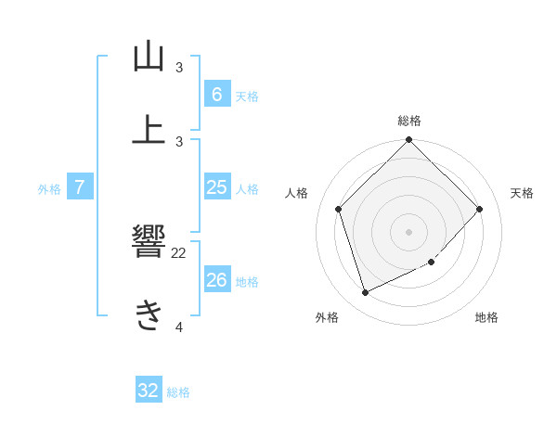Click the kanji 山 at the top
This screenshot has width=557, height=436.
tap(149, 58)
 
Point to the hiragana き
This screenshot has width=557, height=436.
tap(149, 315)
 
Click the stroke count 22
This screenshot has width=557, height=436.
tap(179, 252)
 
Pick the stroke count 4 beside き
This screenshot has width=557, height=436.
tap(179, 327)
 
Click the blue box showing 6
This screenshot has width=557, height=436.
tap(216, 94)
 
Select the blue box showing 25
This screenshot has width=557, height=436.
tap(216, 187)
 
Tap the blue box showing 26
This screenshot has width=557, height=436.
tap(216, 280)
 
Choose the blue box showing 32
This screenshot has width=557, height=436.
tap(149, 391)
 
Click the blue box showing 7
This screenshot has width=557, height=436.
tap(80, 187)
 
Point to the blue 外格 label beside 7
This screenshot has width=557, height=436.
tap(49, 189)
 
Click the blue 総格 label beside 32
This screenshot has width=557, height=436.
tap(178, 392)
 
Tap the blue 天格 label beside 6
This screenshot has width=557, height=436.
tap(247, 96)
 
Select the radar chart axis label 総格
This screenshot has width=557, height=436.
tap(409, 121)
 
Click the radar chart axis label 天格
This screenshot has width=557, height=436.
tap(522, 193)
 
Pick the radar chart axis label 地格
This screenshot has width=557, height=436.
tap(486, 317)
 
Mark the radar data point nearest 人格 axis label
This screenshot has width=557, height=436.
tap(339, 209)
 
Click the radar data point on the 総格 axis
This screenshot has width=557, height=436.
tap(409, 141)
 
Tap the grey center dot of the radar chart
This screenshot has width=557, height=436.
tap(409, 231)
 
